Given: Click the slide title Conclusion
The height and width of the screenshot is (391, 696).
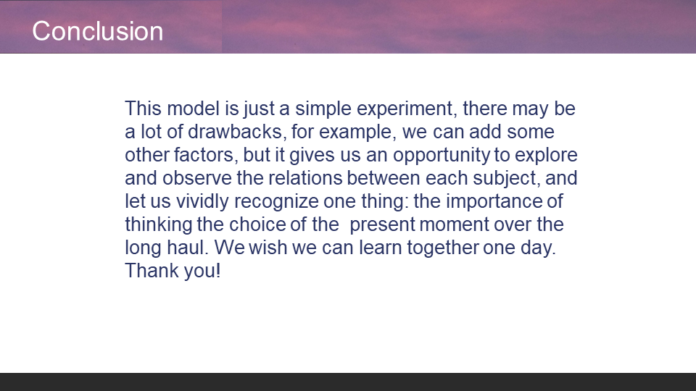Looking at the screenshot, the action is [98, 31].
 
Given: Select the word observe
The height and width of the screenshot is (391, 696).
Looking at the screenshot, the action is [197, 178].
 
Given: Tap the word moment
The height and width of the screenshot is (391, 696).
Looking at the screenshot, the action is [454, 224].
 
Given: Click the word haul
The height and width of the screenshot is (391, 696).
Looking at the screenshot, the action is [187, 248].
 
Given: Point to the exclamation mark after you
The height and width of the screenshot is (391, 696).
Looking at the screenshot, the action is [218, 270].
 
